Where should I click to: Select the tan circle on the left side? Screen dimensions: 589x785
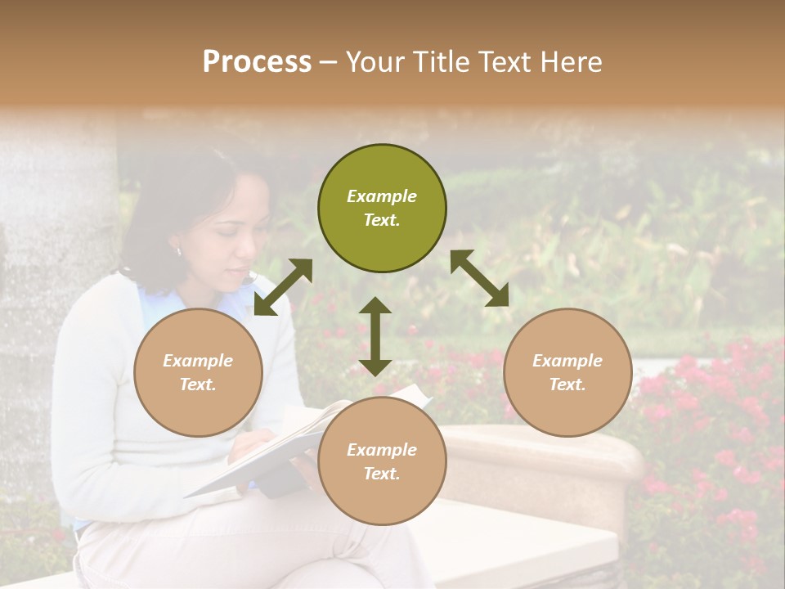tap(198, 372)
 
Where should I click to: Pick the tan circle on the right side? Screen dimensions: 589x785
tap(567, 372)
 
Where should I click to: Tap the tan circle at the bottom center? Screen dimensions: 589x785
tap(382, 461)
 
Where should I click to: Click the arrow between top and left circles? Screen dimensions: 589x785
tap(283, 287)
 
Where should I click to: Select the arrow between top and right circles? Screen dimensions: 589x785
tap(480, 278)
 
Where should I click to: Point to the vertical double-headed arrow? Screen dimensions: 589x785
tap(375, 336)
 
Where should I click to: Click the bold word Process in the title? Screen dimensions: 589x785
tap(257, 62)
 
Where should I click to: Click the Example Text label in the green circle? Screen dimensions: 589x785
tap(382, 208)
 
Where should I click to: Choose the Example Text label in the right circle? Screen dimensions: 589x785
tap(567, 372)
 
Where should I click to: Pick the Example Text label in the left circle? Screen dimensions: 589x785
tap(198, 372)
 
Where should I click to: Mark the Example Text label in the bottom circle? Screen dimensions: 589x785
tap(382, 461)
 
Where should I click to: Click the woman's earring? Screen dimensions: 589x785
tap(179, 251)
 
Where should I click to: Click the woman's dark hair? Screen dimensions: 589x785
tap(172, 205)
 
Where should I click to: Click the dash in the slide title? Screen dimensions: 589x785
tap(329, 63)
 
